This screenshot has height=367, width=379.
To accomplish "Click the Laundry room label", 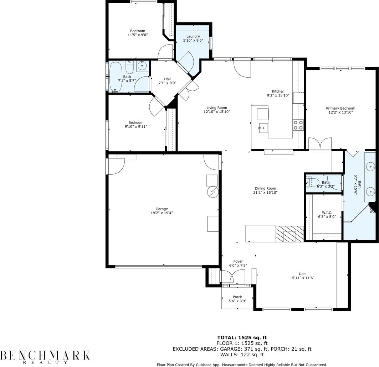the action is click(193, 36).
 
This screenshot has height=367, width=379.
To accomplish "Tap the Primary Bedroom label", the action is click(340, 108).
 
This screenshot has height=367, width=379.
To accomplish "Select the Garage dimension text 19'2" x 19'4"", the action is click(162, 213).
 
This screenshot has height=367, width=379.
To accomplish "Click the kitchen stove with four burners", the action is click(298, 125).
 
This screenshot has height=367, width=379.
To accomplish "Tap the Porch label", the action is click(237, 297).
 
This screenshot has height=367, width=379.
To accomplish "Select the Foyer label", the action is click(238, 261).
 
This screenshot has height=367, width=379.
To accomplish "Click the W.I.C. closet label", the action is click(327, 213).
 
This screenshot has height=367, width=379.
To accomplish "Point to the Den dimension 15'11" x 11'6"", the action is click(302, 278).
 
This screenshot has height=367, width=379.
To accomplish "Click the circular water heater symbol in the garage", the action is click(213, 192).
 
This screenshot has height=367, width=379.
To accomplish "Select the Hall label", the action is click(167, 79).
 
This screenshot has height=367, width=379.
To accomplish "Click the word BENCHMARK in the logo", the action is click(45, 355).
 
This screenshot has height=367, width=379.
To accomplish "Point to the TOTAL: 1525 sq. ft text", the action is click(242, 337).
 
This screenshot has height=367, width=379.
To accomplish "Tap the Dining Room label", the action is click(265, 188).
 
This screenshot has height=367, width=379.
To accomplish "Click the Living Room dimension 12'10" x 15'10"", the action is click(217, 112).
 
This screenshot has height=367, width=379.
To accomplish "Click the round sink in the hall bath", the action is click(142, 65).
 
